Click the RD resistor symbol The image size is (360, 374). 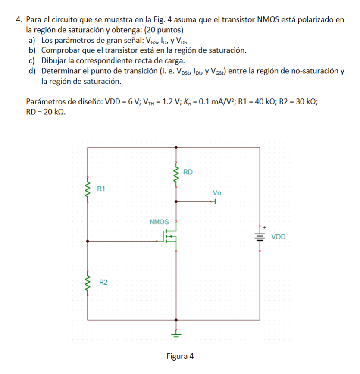pos(175,176)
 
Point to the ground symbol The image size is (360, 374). pos(176,333)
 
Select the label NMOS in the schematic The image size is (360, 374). pos(159,222)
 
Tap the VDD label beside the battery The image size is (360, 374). pos(278,237)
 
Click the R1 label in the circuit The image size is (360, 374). pos(102,189)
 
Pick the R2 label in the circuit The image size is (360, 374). pos(103,283)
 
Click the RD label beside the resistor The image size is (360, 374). pos(188,172)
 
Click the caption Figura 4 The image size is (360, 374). pos(180,356)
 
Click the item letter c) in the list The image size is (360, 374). pos(31,60)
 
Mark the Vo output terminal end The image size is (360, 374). pos(215,201)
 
